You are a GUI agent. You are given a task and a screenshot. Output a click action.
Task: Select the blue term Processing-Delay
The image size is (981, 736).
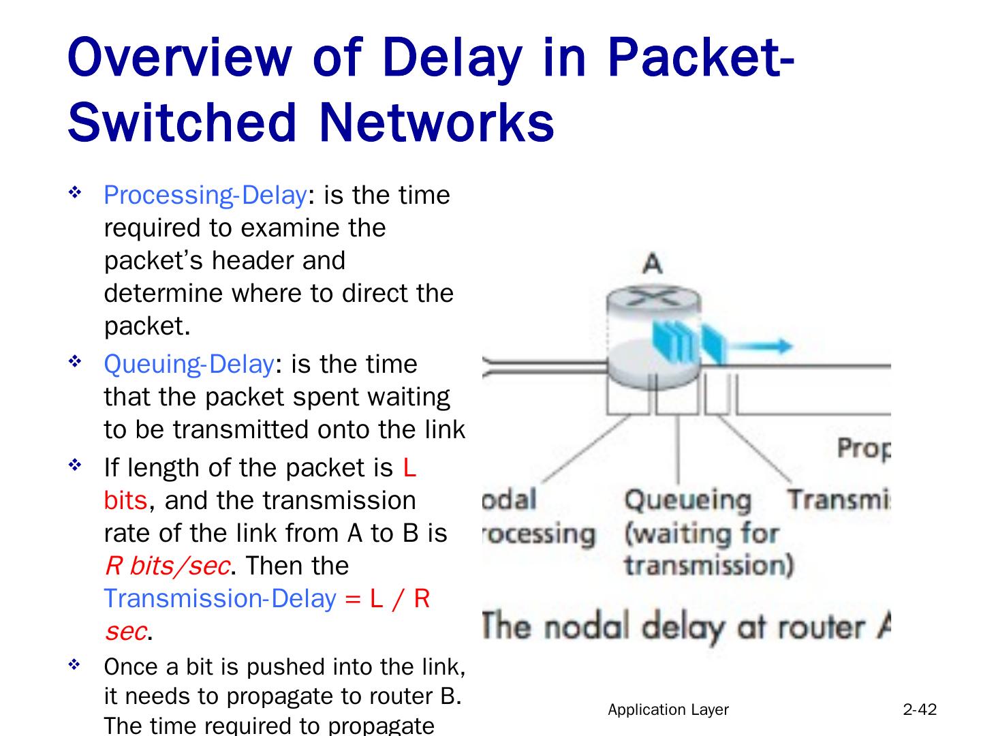[x=204, y=196]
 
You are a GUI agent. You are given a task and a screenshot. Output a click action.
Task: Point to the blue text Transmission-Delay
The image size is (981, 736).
[x=220, y=598]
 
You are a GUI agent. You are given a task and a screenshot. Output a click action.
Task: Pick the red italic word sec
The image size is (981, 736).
[x=125, y=631]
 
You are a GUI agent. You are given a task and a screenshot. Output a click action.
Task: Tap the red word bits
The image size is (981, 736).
[x=125, y=500]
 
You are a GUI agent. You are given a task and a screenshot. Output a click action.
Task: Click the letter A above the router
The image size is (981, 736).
[x=653, y=263]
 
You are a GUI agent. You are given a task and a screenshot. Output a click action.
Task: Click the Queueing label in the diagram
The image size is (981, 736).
[x=687, y=500]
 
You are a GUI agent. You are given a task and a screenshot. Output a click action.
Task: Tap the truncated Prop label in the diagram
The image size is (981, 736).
[x=863, y=448]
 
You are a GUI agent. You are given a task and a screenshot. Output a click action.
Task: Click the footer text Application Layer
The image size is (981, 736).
[x=668, y=710]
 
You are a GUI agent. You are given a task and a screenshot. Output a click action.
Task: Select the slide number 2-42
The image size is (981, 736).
[x=920, y=710]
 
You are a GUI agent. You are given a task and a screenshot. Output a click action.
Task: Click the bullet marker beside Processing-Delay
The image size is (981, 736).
[x=75, y=194]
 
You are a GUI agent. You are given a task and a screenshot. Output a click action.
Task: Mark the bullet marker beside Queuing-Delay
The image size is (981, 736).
[x=75, y=363]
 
